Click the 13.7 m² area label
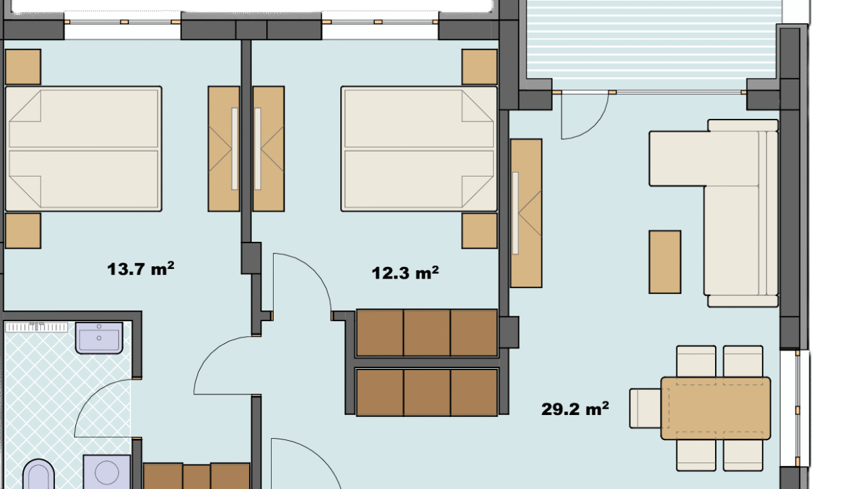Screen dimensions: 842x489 [141, 269]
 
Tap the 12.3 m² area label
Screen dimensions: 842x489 [405, 272]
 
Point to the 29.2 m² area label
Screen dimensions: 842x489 [575, 409]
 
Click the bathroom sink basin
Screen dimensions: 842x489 [99, 338]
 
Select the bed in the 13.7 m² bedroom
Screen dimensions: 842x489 [84, 149]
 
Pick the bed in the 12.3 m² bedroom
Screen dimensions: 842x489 [419, 149]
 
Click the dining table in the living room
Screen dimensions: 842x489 [716, 408]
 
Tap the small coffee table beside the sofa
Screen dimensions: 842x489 [665, 262]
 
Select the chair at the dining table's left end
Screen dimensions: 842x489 [645, 409]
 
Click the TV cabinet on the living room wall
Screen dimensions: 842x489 [526, 213]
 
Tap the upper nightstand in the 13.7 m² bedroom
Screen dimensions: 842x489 [23, 67]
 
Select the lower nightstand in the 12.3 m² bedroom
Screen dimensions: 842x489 [479, 231]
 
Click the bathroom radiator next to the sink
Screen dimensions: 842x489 [37, 327]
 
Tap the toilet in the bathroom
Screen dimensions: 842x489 [39, 474]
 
